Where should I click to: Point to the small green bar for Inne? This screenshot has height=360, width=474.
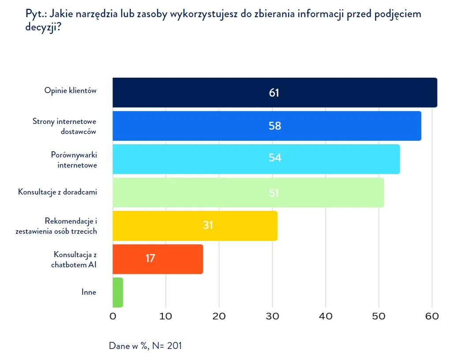point(118,292)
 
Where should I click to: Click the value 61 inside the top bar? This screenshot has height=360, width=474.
point(274,93)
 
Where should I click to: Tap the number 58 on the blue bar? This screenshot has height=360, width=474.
point(275,126)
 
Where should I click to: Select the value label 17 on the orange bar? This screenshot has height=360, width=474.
point(150,258)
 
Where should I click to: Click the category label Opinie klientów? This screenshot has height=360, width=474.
point(70,90)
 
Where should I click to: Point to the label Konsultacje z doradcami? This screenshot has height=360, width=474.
point(57,192)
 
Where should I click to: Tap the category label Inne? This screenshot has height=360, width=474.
point(89,292)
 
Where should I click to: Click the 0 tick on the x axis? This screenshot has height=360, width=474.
point(113,316)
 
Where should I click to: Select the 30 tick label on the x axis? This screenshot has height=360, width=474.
point(272,316)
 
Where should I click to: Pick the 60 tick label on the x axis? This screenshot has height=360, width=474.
point(432,316)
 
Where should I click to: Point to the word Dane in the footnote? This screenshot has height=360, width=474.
point(119,346)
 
